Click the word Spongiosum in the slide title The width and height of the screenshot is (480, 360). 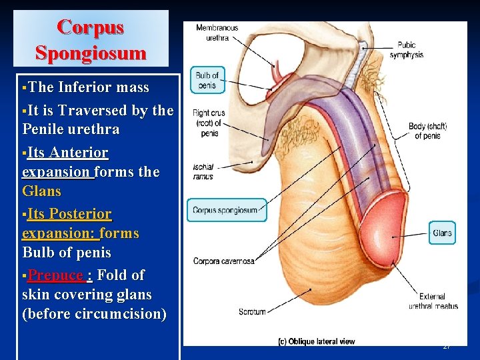91,53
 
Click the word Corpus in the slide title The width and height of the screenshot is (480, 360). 91,27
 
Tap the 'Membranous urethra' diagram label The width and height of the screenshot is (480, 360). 217,33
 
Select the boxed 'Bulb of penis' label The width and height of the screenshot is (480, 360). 207,80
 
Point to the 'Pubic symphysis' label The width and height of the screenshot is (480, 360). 407,50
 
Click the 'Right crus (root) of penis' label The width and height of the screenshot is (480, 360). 209,123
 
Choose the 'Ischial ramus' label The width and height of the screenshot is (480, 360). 203,172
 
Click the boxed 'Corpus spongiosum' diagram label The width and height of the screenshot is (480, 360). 225,210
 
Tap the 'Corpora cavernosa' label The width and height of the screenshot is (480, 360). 223,261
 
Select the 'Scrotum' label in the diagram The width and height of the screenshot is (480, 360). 252,311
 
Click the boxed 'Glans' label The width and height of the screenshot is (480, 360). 442,233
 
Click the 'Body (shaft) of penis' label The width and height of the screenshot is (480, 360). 427,131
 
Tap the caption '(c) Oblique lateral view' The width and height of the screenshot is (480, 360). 317,341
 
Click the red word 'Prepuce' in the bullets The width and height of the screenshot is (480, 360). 56,275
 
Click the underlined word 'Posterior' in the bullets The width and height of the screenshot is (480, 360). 79,214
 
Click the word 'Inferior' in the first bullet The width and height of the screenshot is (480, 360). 85,87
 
